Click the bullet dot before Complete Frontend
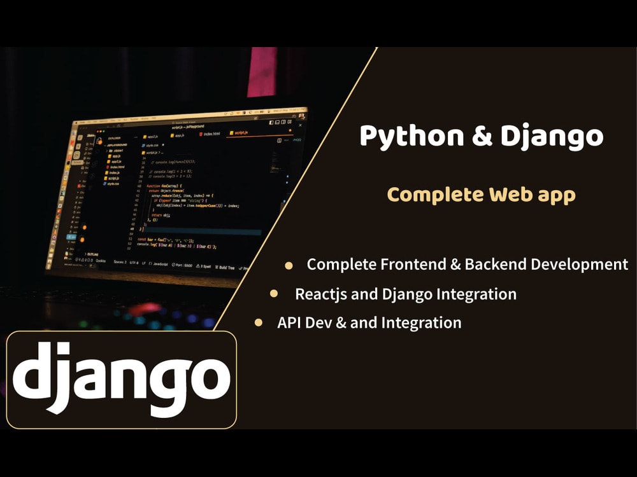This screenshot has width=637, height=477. pos(289,265)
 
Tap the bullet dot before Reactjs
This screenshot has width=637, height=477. pos(274,294)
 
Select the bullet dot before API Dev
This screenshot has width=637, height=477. pos(259,322)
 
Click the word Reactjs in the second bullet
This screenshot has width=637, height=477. pos(320,294)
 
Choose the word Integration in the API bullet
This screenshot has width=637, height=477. pos(421,322)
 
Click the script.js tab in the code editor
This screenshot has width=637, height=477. pos(241,134)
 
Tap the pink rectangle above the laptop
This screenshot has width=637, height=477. pos(262,71)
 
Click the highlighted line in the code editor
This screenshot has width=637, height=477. pos(204,232)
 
